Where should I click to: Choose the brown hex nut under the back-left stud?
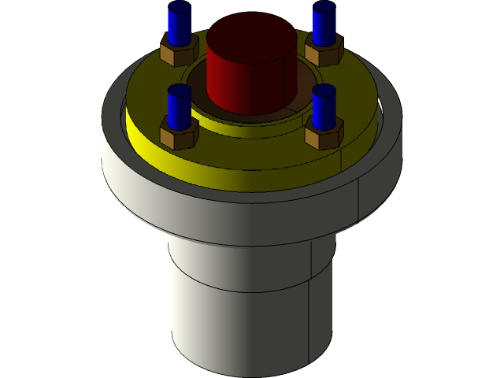[178, 52]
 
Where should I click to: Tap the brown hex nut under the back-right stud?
[324, 54]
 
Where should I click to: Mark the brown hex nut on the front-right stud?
[324, 135]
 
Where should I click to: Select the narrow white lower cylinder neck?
[236, 315]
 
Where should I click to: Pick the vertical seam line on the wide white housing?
[359, 197]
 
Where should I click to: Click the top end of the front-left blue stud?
[180, 89]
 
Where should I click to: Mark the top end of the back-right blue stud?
[324, 6]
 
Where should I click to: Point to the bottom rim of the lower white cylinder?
[252, 372]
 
